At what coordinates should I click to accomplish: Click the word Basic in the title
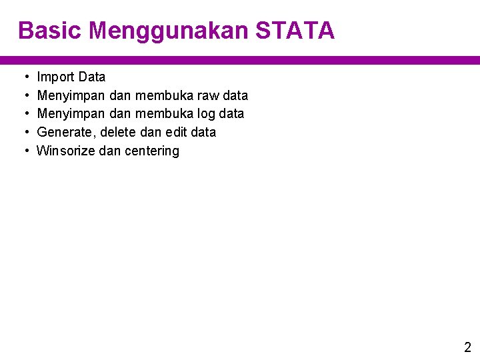pos(49,31)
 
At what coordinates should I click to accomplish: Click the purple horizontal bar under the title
pos(240,60)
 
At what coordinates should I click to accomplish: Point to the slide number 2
pos(467,347)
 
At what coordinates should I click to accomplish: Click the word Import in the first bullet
pos(55,77)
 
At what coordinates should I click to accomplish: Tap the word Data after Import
pos(91,77)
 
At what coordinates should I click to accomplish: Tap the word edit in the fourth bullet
pos(175,132)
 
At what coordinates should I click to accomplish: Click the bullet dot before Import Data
pos(25,77)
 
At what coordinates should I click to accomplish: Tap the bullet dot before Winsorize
pos(25,151)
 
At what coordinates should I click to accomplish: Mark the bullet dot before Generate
pos(25,132)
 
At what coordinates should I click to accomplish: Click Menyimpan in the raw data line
pos(65,95)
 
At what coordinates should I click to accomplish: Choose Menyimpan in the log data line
pos(65,114)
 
